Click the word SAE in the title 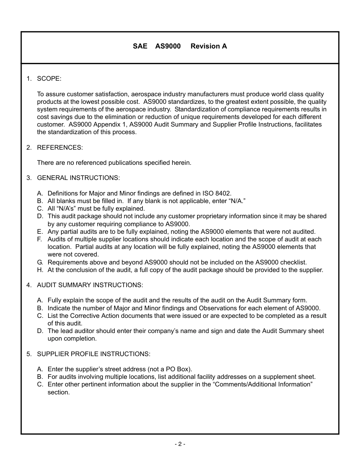pyautogui.click(x=140, y=46)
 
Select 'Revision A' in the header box pyautogui.click(x=209, y=46)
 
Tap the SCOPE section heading pyautogui.click(x=49, y=79)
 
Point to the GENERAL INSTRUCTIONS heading pyautogui.click(x=78, y=178)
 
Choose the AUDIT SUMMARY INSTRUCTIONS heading pyautogui.click(x=90, y=285)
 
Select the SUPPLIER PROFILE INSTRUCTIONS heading pyautogui.click(x=94, y=354)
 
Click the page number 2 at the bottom pyautogui.click(x=180, y=444)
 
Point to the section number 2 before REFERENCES pyautogui.click(x=28, y=147)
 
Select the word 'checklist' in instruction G pyautogui.click(x=293, y=262)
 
